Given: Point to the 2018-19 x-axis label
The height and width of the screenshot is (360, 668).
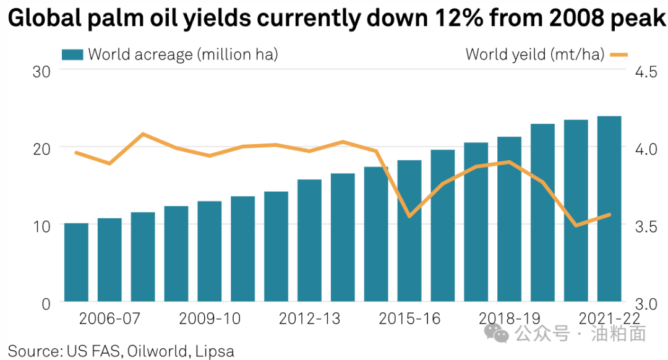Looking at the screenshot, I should (510, 319).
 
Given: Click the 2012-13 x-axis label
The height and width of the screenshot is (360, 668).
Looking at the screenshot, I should (309, 319).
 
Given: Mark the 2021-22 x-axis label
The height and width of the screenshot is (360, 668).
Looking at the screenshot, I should (609, 319).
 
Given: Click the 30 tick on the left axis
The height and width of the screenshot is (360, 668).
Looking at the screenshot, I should (41, 71).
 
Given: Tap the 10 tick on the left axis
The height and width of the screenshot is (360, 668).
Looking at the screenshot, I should (41, 226).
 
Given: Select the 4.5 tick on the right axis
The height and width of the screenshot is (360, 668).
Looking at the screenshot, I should (644, 72).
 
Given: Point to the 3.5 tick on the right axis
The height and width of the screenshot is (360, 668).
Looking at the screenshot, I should (644, 226).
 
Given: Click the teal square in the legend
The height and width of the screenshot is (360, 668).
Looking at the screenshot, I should (72, 54).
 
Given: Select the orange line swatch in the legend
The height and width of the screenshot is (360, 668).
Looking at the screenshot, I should (619, 54).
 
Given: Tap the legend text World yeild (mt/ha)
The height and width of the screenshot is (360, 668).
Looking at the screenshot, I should (534, 54).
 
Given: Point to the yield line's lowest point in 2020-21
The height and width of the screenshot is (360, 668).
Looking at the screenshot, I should (576, 225).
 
